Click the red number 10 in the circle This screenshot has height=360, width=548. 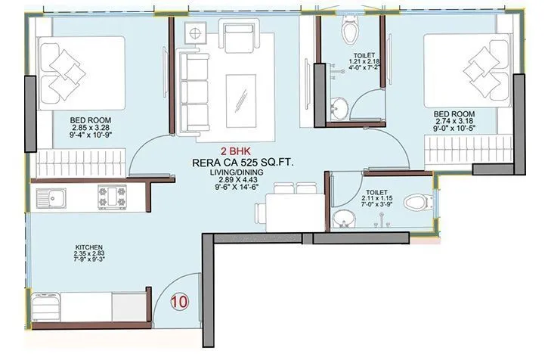pos(180,300)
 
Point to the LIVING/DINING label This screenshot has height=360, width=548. pos(234,173)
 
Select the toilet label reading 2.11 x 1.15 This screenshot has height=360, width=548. pos(376,194)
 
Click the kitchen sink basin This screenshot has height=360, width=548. pos(57,200)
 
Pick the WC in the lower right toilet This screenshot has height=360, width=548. pos(416,203)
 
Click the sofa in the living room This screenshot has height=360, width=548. pos(192,87)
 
